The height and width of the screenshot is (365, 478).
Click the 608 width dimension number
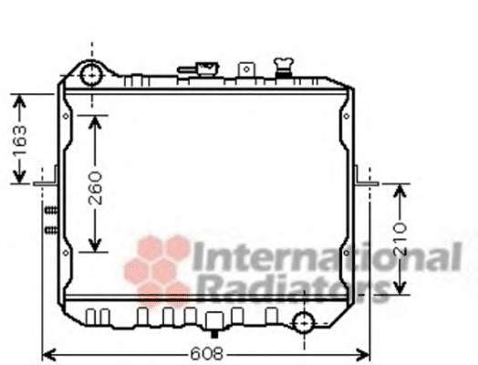click(207, 354)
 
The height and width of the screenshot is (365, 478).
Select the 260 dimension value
click(95, 188)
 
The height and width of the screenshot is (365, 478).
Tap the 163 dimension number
click(20, 140)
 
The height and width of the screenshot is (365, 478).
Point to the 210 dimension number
click(400, 239)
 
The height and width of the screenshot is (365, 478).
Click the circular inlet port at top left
click(91, 74)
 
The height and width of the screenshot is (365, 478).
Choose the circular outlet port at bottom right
click(304, 322)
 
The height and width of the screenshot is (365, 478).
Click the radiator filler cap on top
click(284, 68)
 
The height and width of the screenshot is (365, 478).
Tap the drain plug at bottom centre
click(214, 325)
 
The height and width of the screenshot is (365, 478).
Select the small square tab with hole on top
click(246, 70)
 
